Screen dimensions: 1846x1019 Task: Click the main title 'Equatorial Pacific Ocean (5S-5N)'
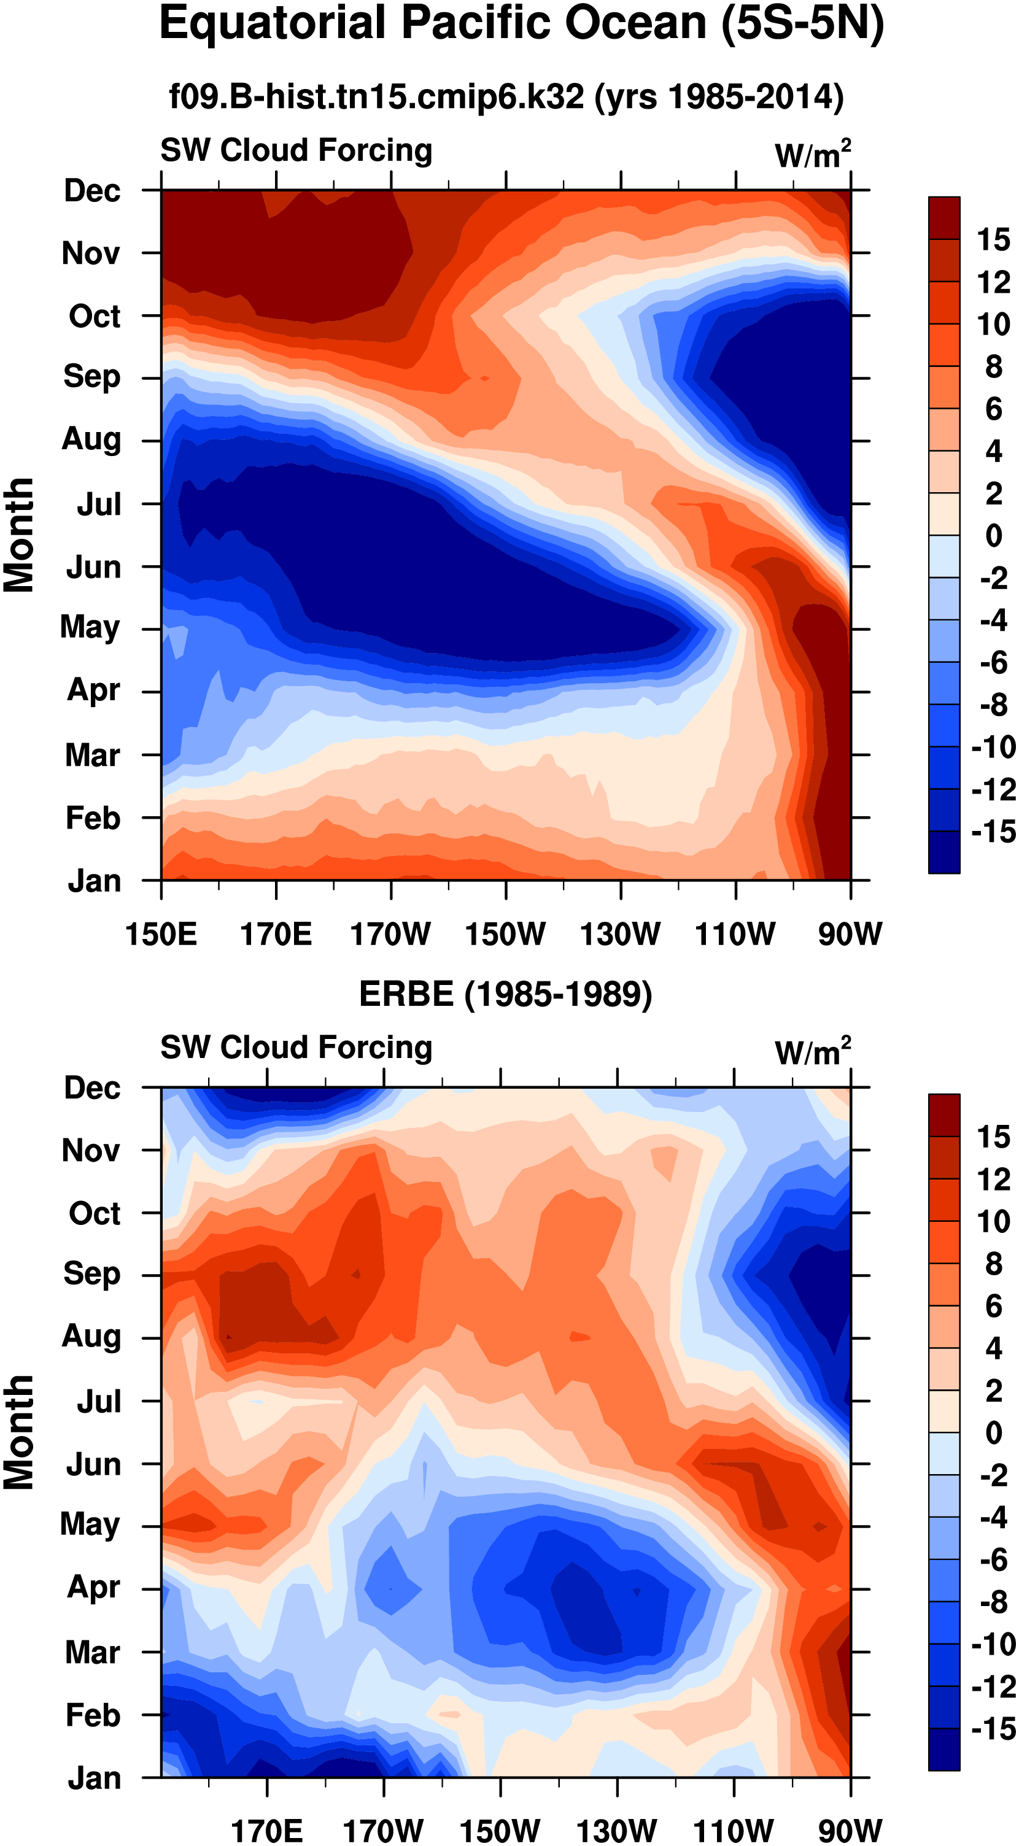[521, 25]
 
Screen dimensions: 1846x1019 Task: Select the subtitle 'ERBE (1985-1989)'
[505, 994]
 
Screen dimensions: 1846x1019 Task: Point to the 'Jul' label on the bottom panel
[99, 1401]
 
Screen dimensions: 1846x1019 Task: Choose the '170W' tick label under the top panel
[390, 934]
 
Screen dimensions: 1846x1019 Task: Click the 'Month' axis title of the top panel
[20, 535]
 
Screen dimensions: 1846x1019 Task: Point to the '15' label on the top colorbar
[993, 239]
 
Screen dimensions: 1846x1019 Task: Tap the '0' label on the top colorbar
[993, 535]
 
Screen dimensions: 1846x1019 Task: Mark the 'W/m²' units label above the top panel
[813, 154]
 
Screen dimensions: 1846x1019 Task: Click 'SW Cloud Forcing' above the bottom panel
[296, 1048]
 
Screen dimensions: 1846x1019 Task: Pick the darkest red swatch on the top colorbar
[943, 217]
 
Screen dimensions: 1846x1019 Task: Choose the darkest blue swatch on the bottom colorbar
[943, 1750]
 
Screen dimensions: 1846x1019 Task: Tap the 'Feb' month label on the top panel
[93, 817]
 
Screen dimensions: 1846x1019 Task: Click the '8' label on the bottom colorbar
[993, 1264]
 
